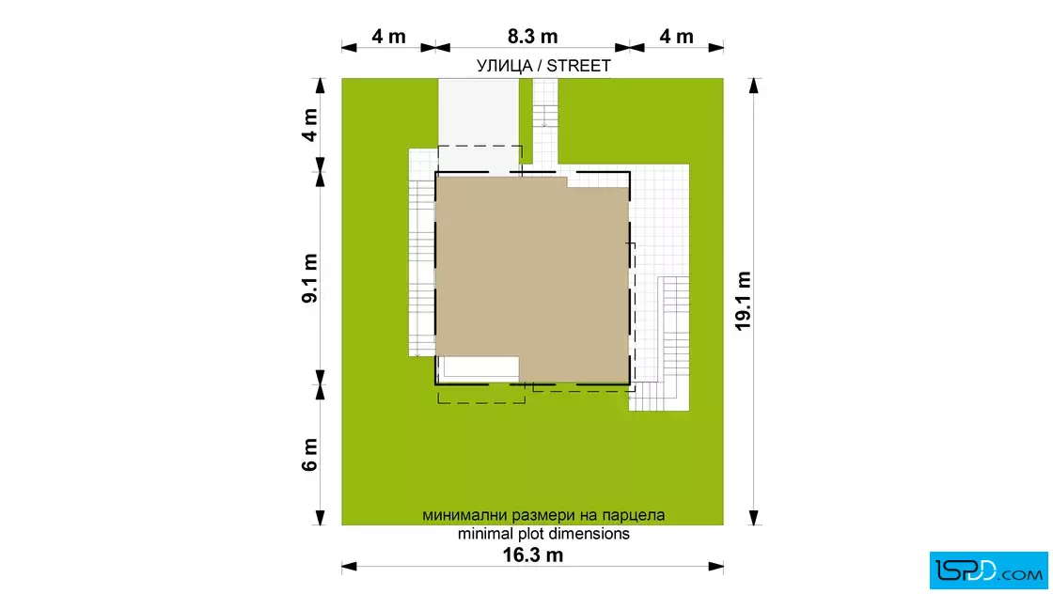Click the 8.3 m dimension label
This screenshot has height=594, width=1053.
pos(532,37)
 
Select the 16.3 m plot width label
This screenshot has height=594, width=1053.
pos(533,555)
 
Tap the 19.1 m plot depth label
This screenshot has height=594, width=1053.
pos(743,301)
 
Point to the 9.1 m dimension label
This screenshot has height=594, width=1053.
pos(309,278)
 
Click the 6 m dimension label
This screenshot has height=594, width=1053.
pos(309,454)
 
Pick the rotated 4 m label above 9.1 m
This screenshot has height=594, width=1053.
pos(309,125)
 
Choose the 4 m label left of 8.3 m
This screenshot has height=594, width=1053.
pos(389,37)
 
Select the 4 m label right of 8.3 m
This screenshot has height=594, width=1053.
pos(676,37)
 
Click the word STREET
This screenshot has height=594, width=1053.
pos(579,66)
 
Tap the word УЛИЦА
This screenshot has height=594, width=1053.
pos(504,66)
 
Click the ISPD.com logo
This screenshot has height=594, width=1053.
pos(988,571)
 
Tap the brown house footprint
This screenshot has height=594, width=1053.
pos(532,278)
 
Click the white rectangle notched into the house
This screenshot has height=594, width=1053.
pos(479,367)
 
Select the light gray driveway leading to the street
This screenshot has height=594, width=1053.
pos(479,124)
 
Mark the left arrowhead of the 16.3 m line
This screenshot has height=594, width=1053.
pos(349,567)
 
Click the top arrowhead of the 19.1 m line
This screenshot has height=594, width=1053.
pos(754,86)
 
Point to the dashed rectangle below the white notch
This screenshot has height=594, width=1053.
pos(481,402)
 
